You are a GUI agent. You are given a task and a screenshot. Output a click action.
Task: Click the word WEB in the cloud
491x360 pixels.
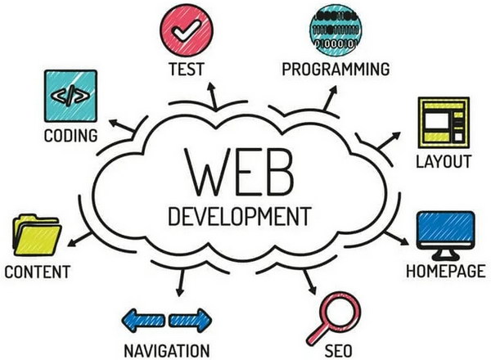[240, 172]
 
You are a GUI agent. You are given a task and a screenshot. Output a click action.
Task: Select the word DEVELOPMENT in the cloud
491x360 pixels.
[240, 216]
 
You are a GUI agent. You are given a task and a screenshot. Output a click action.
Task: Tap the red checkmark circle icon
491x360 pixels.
[187, 30]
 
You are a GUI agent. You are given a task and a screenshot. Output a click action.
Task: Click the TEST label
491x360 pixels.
[187, 70]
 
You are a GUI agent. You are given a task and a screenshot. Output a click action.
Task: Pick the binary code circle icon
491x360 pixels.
[336, 30]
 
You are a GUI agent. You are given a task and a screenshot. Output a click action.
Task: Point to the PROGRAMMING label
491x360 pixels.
[336, 70]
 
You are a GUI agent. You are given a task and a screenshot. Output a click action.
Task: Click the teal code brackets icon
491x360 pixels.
[70, 96]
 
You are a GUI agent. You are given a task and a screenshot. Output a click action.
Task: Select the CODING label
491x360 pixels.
[70, 136]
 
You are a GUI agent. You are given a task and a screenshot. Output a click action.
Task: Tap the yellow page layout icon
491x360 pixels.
[444, 123]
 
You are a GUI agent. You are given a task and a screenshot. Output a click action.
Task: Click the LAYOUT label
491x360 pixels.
[444, 161]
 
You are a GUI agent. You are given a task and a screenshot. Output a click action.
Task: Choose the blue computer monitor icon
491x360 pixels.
[446, 236]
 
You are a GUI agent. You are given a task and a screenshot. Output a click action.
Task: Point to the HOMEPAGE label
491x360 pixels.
[446, 271]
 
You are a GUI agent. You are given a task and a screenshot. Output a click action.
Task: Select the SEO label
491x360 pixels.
[338, 351]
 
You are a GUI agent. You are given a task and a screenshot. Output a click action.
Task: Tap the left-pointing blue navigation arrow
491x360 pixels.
[143, 320]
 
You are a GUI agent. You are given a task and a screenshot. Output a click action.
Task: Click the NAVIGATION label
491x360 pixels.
[167, 351]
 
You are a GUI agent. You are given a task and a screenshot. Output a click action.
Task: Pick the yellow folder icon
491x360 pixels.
[37, 235]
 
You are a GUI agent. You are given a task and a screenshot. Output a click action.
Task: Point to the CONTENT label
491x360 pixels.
[38, 272]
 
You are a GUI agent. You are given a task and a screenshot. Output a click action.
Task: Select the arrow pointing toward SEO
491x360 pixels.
[309, 282]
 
